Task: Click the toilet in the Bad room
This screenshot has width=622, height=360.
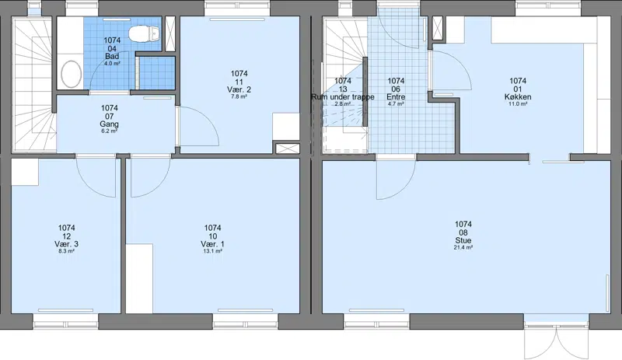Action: click(x=145, y=33)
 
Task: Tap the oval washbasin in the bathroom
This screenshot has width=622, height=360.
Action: click(x=72, y=74)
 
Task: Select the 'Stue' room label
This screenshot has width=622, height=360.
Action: click(x=463, y=240)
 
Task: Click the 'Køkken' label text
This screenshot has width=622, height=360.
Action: click(x=518, y=97)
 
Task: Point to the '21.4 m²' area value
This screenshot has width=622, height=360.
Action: click(x=463, y=248)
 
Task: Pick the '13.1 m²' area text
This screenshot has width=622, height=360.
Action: click(x=212, y=251)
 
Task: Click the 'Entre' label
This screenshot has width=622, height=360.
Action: click(x=396, y=97)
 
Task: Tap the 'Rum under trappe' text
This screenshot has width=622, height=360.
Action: click(x=343, y=97)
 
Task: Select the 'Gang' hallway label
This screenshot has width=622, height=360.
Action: click(x=109, y=124)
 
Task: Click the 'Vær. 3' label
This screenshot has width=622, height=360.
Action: click(x=66, y=243)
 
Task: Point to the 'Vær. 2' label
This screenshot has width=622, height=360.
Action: click(x=239, y=89)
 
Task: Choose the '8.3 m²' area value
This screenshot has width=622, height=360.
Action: click(x=66, y=251)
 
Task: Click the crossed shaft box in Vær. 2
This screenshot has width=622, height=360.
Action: click(x=288, y=149)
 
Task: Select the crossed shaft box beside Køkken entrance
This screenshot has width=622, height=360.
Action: click(x=438, y=28)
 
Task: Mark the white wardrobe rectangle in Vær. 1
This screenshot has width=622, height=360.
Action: click(x=139, y=278)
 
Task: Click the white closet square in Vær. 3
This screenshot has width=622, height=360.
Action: click(x=25, y=172)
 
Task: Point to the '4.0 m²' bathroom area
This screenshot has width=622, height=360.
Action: click(x=112, y=64)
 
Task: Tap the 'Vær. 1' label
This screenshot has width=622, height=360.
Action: click(x=212, y=243)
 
